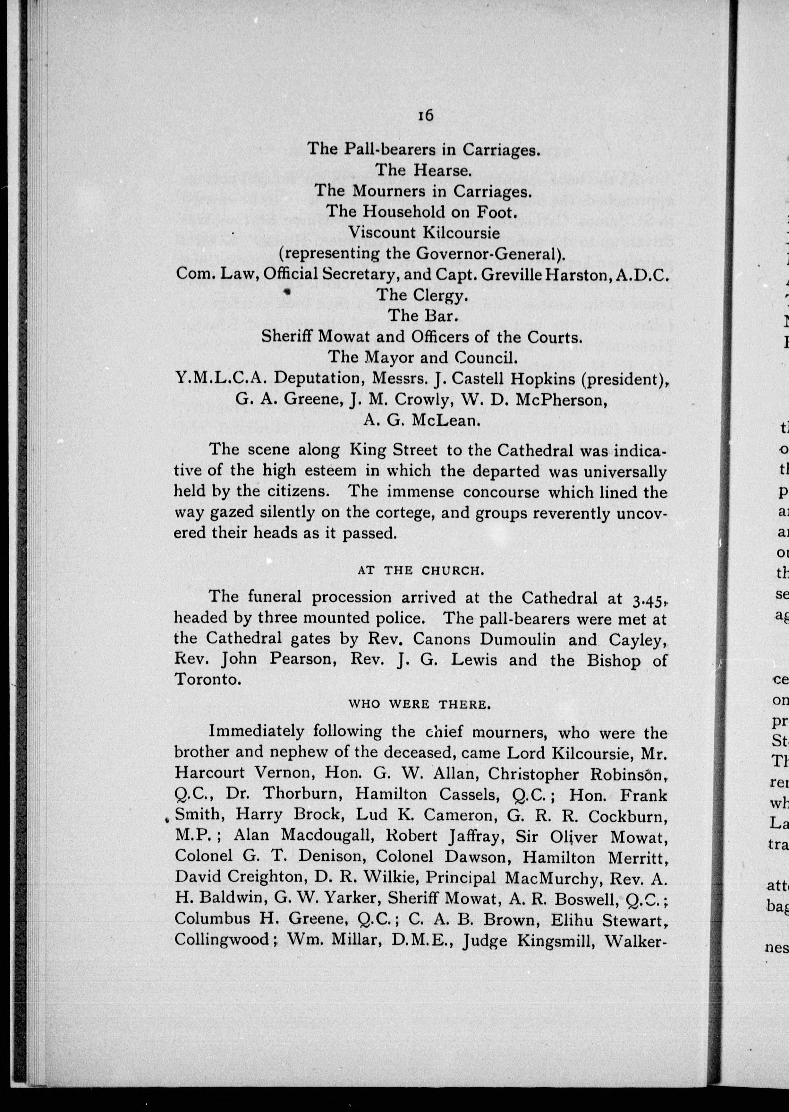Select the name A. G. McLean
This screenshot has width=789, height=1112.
pyautogui.click(x=422, y=420)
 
